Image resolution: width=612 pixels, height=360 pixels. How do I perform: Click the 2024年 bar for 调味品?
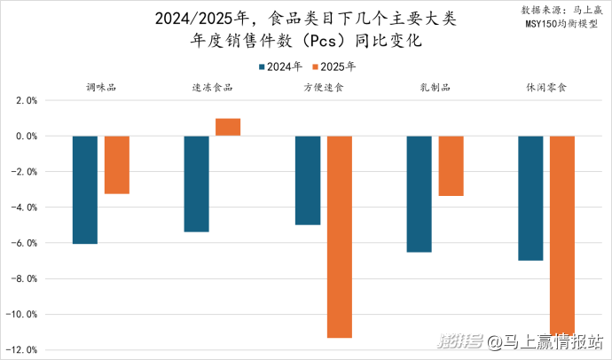[x=85, y=190]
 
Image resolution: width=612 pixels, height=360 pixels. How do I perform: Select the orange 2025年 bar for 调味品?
[x=117, y=165]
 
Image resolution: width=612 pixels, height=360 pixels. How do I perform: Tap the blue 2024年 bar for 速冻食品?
[x=196, y=184]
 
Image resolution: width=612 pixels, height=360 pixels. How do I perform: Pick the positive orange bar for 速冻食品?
[x=228, y=127]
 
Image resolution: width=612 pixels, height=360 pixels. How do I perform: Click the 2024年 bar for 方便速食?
[x=308, y=180]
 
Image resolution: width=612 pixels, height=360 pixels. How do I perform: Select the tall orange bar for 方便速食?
[x=340, y=237]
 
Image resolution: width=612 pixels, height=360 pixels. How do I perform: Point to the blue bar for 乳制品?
[x=419, y=194]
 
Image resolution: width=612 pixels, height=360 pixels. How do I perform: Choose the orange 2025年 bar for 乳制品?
[x=451, y=166]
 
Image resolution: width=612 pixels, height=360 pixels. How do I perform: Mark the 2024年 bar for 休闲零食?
[x=530, y=198]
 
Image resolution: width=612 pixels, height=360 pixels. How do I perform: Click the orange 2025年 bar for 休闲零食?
[x=562, y=235]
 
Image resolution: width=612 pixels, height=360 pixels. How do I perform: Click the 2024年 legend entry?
[x=281, y=66]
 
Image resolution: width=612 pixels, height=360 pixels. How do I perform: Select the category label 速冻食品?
[x=212, y=87]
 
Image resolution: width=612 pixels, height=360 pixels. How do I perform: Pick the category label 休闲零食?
[x=546, y=87]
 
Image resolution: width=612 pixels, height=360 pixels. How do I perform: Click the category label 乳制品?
[x=435, y=87]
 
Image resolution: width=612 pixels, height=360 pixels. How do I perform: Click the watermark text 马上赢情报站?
[x=549, y=340]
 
